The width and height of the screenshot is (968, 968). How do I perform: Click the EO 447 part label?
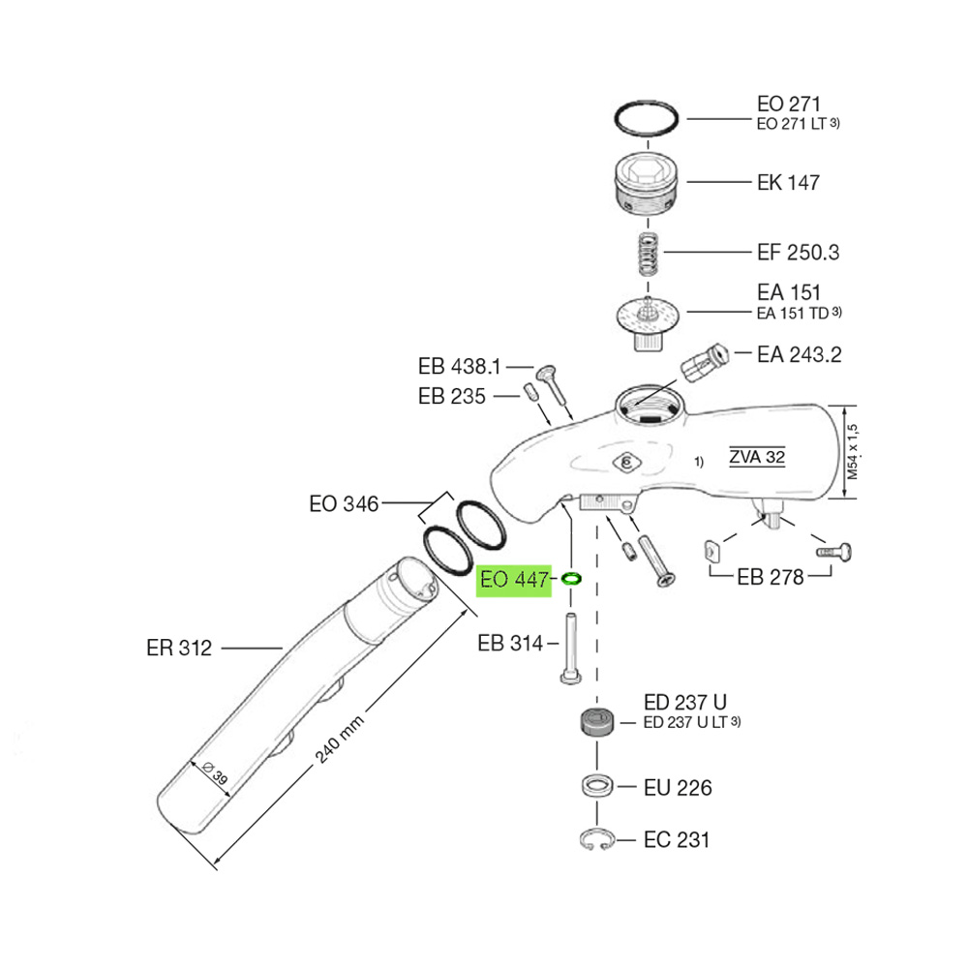[x=514, y=580]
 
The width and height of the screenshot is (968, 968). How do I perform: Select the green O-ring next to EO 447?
[x=571, y=579]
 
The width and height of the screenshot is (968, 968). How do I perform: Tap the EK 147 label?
[x=788, y=183]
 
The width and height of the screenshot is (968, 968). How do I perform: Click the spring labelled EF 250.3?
[x=648, y=255]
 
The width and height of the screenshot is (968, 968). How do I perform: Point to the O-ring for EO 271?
[x=647, y=117]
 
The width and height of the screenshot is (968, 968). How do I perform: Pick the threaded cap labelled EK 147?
[x=647, y=183]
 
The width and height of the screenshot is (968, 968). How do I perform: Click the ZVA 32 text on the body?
[x=758, y=457]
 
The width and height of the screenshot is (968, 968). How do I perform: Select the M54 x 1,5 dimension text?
[x=853, y=452]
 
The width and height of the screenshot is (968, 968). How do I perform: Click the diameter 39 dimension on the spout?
[x=215, y=772]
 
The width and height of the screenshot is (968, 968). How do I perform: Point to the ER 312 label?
[x=179, y=649]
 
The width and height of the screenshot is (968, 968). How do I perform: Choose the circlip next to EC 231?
[x=597, y=839]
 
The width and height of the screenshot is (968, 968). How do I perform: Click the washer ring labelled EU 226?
[x=597, y=786]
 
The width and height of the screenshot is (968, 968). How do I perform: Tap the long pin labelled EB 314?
[x=571, y=649]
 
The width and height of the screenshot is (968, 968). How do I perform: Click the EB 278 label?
[x=771, y=577]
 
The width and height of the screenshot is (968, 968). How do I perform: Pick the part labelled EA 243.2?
[x=704, y=362]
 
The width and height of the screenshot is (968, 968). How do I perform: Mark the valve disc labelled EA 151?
[x=648, y=322]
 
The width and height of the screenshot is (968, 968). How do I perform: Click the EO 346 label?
[x=344, y=503]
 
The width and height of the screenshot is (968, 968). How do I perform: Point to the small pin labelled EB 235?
[x=530, y=392]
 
